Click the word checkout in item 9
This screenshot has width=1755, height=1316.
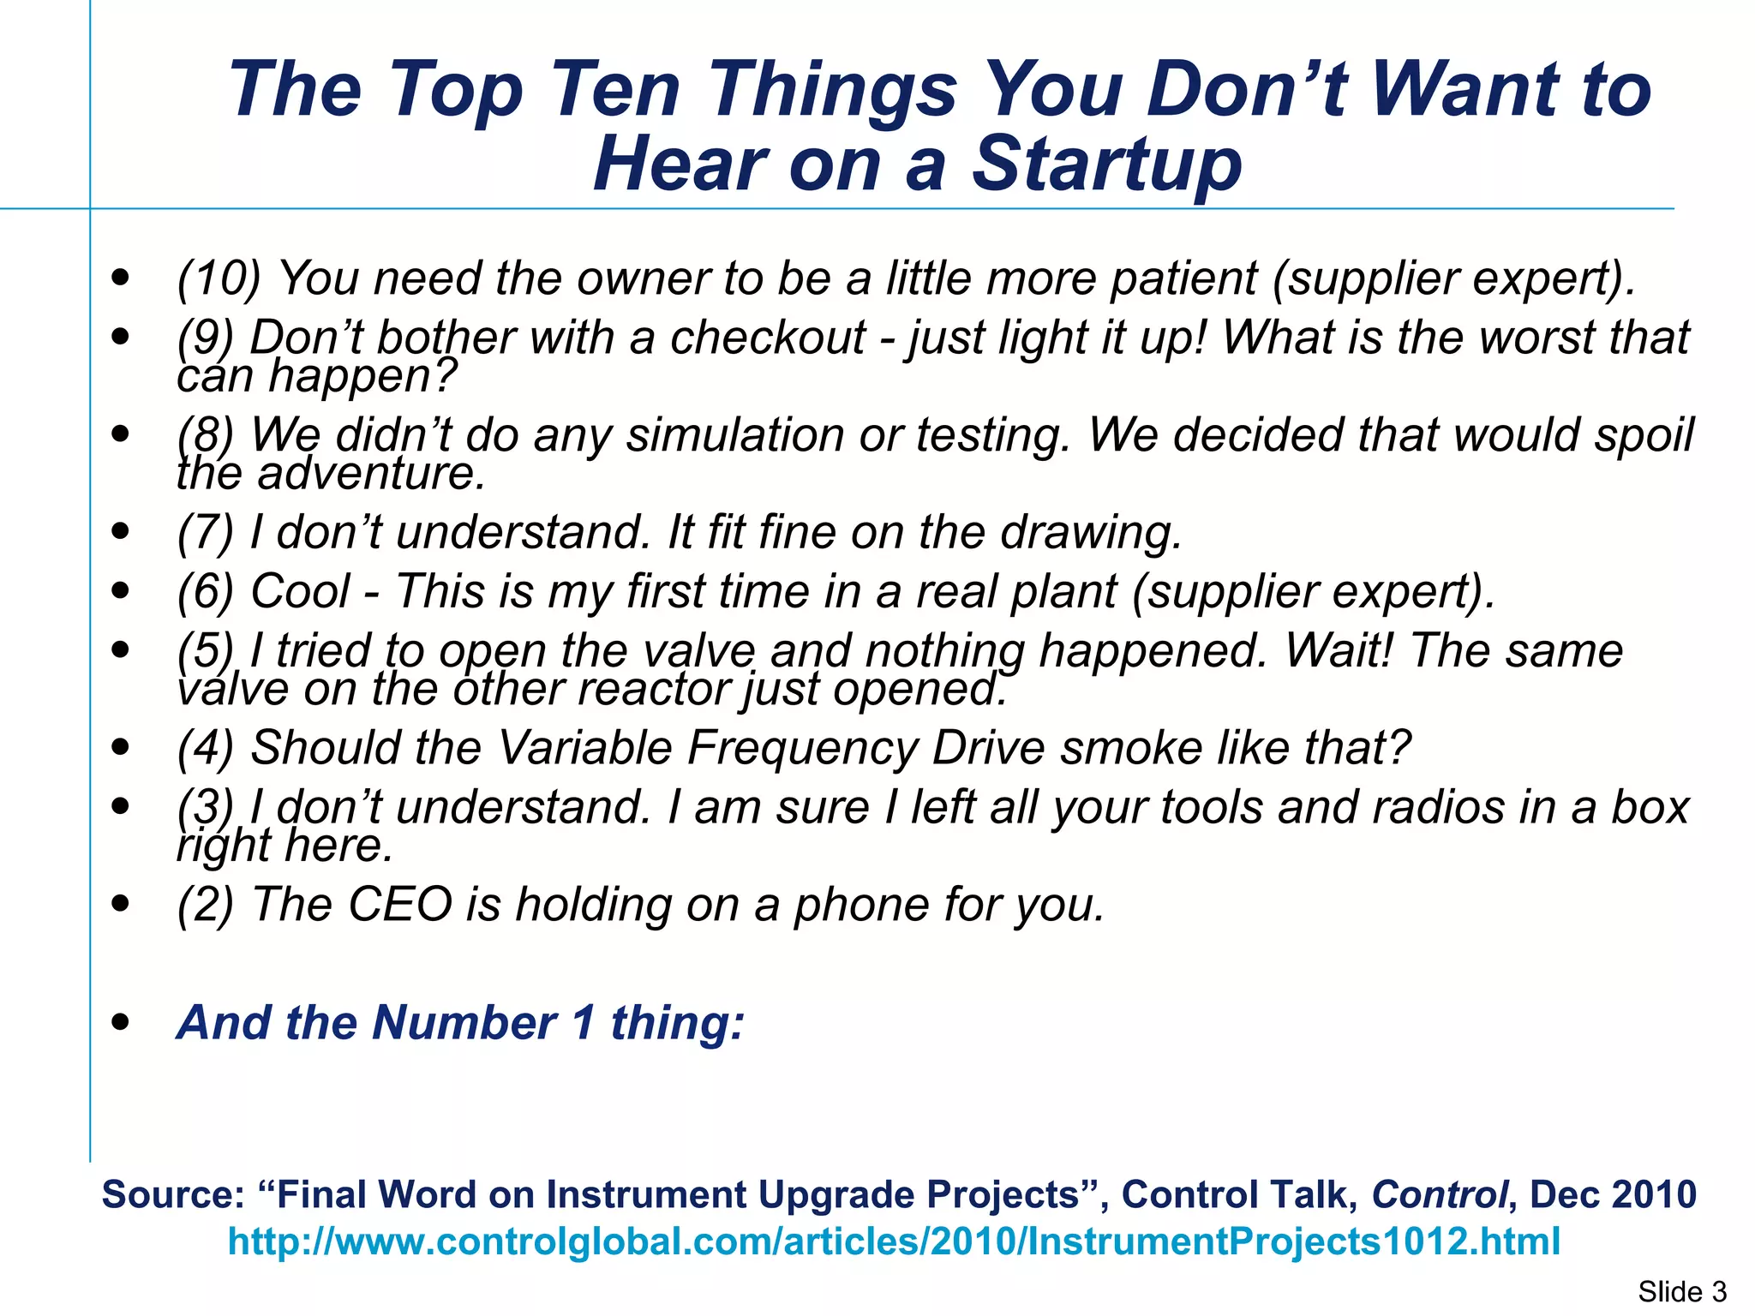click(x=767, y=337)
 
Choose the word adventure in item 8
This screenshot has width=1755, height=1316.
click(x=372, y=473)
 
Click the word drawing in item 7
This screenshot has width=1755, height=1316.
click(x=1091, y=532)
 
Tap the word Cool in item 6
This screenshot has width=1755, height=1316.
click(x=300, y=591)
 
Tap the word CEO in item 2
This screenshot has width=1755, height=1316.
click(x=399, y=904)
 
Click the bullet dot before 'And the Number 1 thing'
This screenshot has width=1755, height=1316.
click(x=121, y=1022)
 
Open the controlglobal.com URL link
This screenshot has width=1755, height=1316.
click(x=894, y=1241)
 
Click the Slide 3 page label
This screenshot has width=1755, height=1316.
click(x=1682, y=1291)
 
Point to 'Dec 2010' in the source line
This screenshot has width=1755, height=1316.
click(x=1613, y=1194)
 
